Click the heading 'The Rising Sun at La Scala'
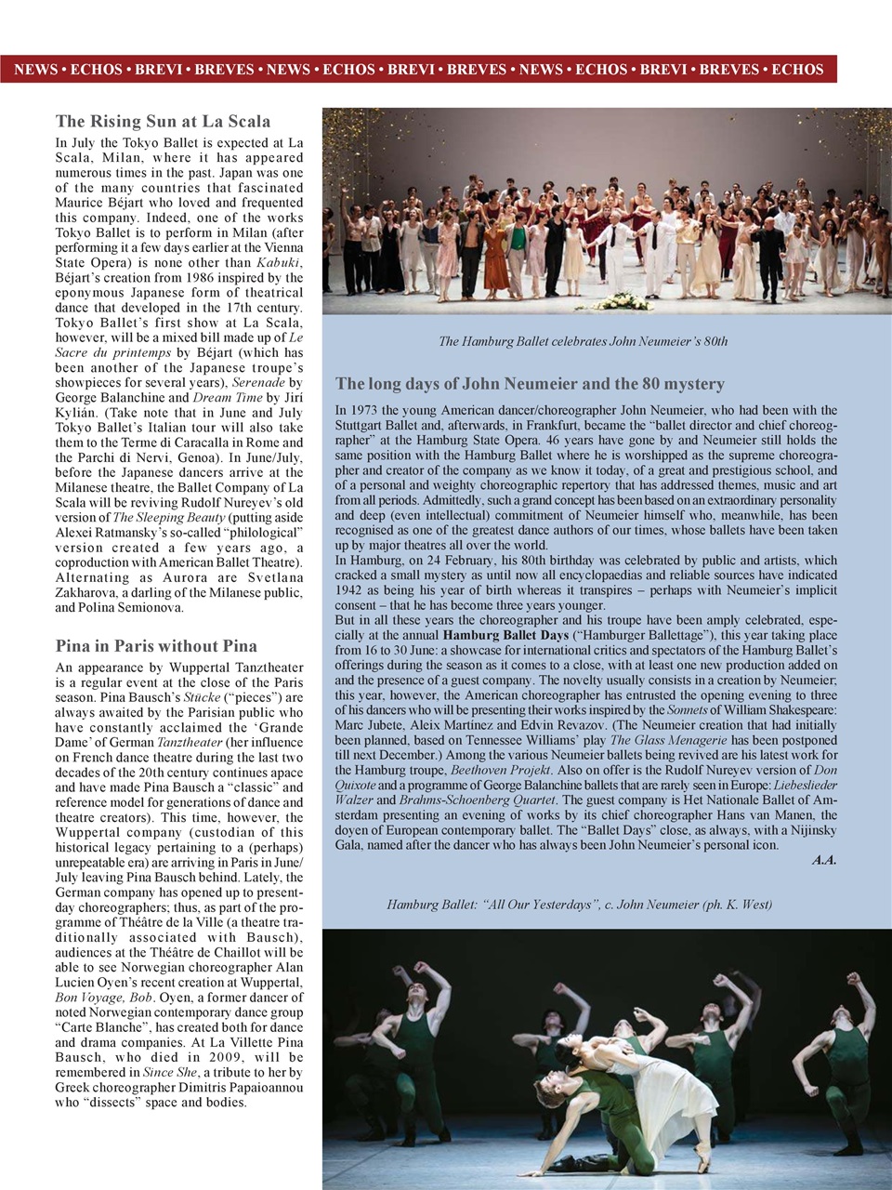coord(163,121)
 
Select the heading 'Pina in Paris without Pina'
coord(156,646)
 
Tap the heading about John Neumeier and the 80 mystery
coord(530,384)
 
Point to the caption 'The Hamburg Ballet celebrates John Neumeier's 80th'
coord(583,341)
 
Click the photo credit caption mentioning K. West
coord(579,905)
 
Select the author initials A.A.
coord(823,860)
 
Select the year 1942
coord(353,590)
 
